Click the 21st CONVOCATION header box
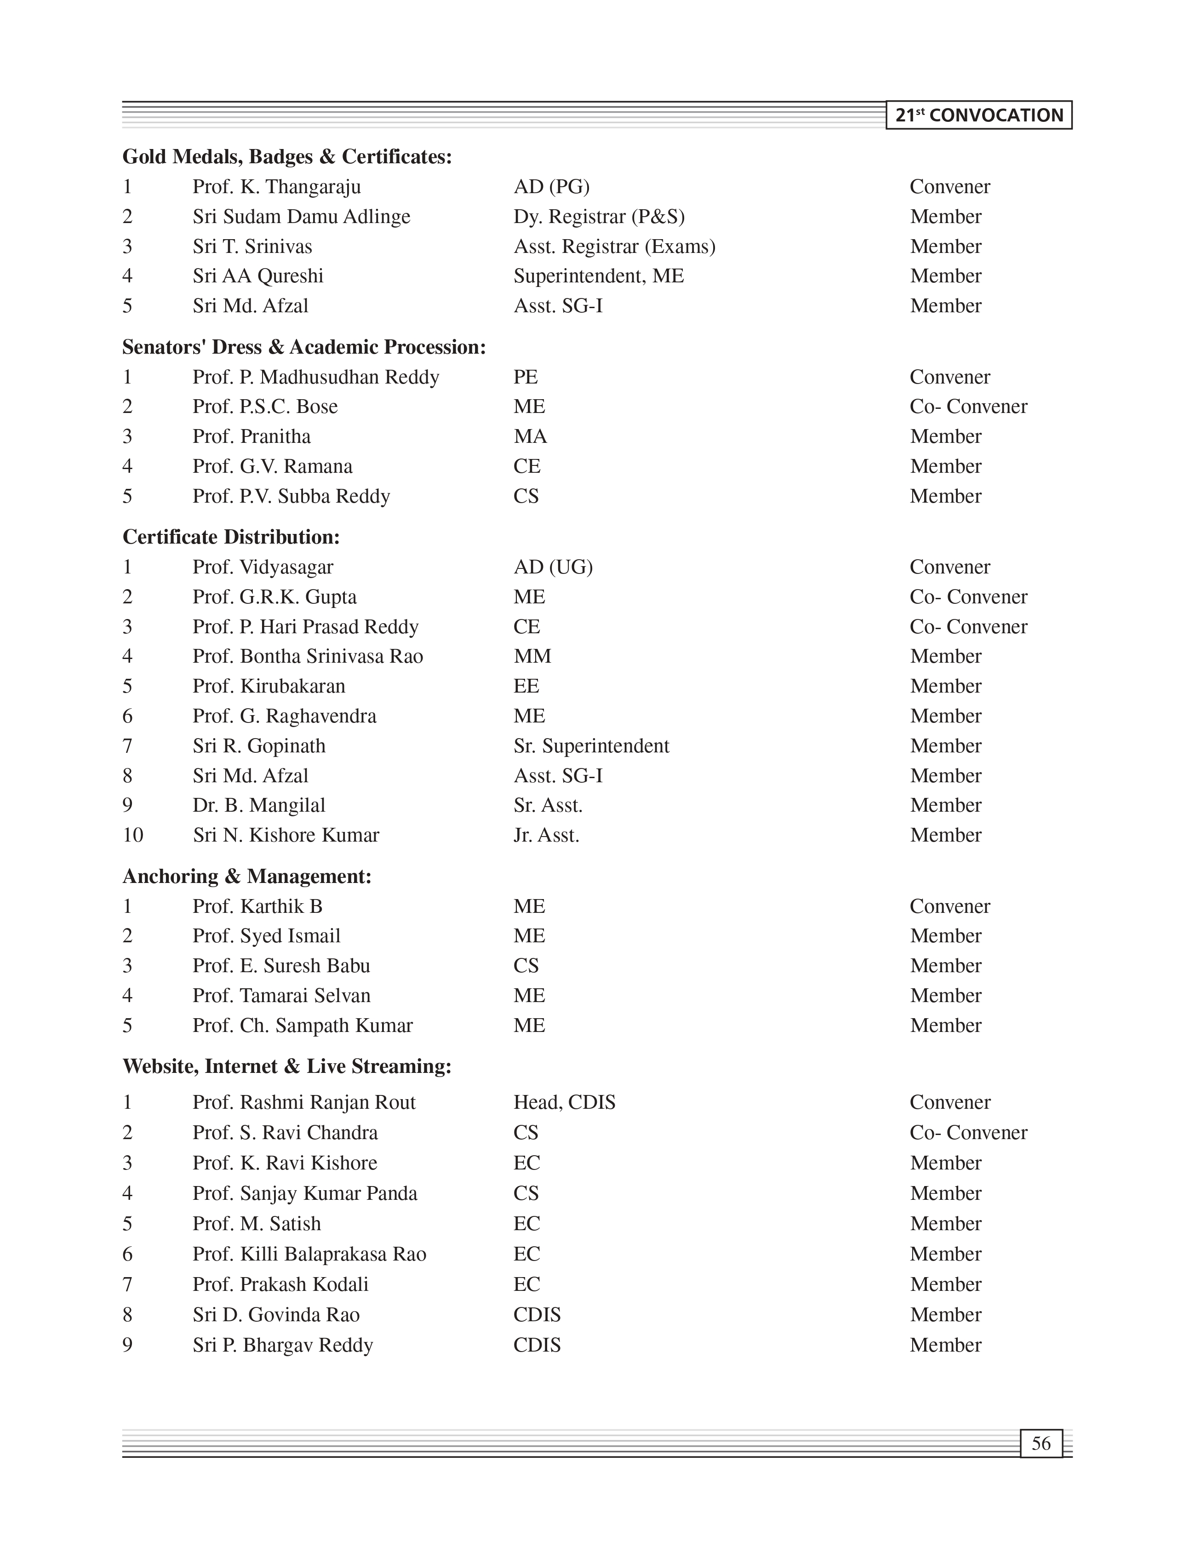tap(979, 115)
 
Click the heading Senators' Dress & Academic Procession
tap(304, 347)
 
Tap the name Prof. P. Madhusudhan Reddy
tap(316, 377)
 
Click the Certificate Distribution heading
tap(231, 537)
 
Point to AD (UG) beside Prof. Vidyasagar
tap(553, 567)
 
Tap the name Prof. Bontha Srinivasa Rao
tap(307, 656)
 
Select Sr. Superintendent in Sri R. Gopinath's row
tap(591, 746)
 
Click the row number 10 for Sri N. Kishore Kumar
tap(133, 835)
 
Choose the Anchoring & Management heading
tap(247, 877)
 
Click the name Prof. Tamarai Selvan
tap(281, 996)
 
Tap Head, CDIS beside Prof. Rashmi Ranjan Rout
tap(564, 1102)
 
